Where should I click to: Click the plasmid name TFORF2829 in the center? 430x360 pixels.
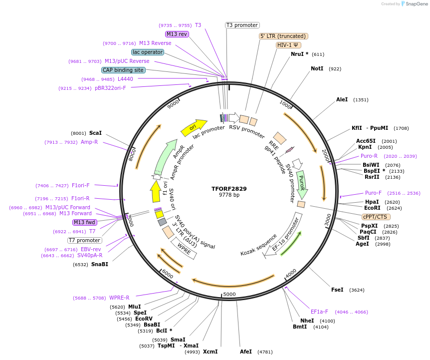click(x=229, y=189)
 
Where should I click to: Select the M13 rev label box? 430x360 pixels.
click(x=177, y=34)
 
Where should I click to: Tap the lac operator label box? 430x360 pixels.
click(x=148, y=52)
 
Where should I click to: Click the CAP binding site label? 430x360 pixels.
click(x=123, y=70)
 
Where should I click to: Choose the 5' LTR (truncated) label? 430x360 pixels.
click(x=283, y=36)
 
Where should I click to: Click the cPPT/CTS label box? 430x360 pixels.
click(x=376, y=217)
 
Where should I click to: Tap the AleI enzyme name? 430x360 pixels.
click(x=342, y=100)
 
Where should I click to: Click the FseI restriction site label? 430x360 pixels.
click(x=337, y=290)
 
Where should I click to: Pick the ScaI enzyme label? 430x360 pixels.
click(x=95, y=133)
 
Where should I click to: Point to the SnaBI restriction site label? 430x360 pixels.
click(x=99, y=264)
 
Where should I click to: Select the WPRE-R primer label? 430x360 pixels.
click(x=119, y=298)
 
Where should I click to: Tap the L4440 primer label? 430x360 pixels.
click(x=125, y=79)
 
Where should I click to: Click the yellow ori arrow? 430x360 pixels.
click(x=194, y=127)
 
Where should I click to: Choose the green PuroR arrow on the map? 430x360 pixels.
click(x=301, y=184)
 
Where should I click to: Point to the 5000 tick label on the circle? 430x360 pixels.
click(x=229, y=294)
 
